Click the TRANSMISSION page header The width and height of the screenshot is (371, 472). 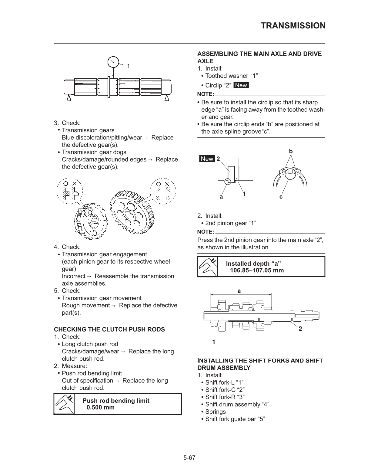293,26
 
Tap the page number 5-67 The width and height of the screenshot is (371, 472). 189,458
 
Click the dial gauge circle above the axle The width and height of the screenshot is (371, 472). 113,63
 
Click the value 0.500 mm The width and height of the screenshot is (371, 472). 100,407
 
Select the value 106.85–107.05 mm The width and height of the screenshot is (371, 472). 257,270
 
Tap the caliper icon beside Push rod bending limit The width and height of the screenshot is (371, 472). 64,404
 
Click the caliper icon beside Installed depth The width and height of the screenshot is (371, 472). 208,267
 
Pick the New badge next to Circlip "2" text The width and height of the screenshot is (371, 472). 241,85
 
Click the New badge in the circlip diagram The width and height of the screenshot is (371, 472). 207,159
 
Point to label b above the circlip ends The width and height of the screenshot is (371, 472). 291,151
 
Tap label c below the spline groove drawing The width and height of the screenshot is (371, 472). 281,197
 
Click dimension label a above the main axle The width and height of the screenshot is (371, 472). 239,291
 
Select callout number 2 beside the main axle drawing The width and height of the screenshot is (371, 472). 300,329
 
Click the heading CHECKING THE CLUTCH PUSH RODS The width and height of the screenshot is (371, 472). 109,329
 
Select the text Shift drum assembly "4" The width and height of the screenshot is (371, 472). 237,405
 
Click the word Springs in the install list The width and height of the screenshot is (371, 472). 215,412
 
